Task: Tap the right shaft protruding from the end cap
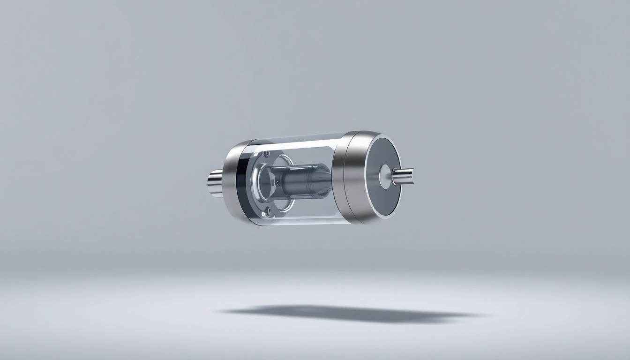coord(405,177)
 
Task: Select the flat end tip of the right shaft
coord(412,176)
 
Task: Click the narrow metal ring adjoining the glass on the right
coord(339,178)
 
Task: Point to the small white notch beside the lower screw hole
coord(263,214)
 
